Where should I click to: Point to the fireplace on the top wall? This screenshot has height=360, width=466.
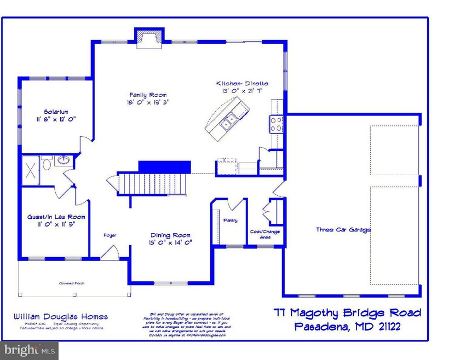(147, 38)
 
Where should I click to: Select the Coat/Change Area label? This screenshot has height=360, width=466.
(264, 234)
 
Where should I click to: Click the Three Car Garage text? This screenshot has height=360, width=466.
(343, 230)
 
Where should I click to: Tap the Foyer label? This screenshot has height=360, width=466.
(110, 235)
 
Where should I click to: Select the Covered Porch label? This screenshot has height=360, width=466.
(72, 283)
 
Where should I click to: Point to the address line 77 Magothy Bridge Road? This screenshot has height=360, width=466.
(348, 313)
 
